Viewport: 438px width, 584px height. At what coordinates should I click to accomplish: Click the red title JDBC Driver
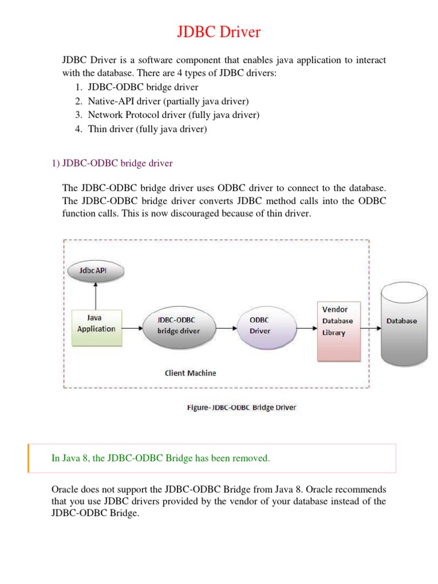click(x=218, y=32)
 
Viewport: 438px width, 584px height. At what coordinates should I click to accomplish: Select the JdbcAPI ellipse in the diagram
click(x=96, y=270)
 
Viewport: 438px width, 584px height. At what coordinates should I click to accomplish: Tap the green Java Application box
click(x=96, y=328)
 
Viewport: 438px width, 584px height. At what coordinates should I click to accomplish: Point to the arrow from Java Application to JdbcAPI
click(x=96, y=295)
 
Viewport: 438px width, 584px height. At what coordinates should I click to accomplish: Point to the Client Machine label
click(x=190, y=373)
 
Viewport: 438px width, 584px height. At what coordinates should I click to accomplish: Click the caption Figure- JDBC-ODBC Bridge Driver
click(x=242, y=407)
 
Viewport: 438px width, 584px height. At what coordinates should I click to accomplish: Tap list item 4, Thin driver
click(x=147, y=129)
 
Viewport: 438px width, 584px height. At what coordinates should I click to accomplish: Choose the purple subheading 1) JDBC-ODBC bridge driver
click(x=112, y=164)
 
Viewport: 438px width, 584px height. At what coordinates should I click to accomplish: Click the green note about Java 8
click(x=160, y=459)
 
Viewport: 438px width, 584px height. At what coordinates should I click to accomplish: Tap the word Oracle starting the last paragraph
click(x=64, y=490)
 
